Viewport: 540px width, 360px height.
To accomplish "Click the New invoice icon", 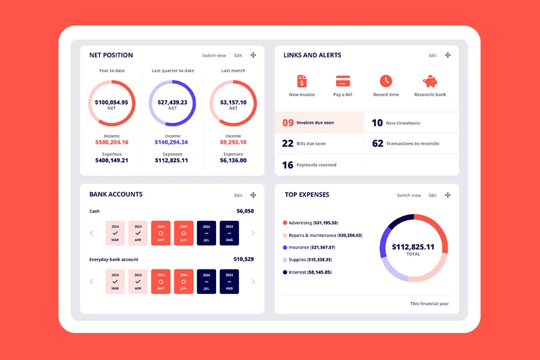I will click(x=302, y=81).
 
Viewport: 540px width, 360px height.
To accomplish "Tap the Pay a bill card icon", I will click(x=343, y=81).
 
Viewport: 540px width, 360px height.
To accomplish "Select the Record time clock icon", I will click(x=385, y=81).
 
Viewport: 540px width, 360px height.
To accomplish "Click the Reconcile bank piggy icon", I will click(x=430, y=81).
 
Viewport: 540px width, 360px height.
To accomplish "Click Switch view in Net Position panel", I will click(x=214, y=55).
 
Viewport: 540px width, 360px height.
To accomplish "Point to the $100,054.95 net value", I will click(x=112, y=102).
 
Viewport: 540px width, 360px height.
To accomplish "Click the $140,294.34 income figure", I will click(x=171, y=143).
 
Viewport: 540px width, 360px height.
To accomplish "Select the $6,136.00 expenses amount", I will click(x=234, y=161).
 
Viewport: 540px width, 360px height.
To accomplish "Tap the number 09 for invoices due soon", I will click(x=288, y=123).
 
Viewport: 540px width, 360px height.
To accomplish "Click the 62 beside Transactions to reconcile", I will click(x=377, y=143).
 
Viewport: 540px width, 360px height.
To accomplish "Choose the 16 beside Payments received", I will click(x=288, y=165).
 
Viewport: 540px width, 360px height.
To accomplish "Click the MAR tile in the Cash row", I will click(x=115, y=233).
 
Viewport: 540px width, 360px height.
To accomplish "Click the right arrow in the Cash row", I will click(x=253, y=233).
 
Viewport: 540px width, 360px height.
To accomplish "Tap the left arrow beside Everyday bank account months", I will click(x=92, y=281).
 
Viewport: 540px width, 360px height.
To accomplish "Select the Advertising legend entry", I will click(x=311, y=223).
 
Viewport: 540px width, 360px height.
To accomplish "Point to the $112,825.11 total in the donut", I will click(x=413, y=247).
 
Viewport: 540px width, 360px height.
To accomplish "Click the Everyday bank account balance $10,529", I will click(x=244, y=259).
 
